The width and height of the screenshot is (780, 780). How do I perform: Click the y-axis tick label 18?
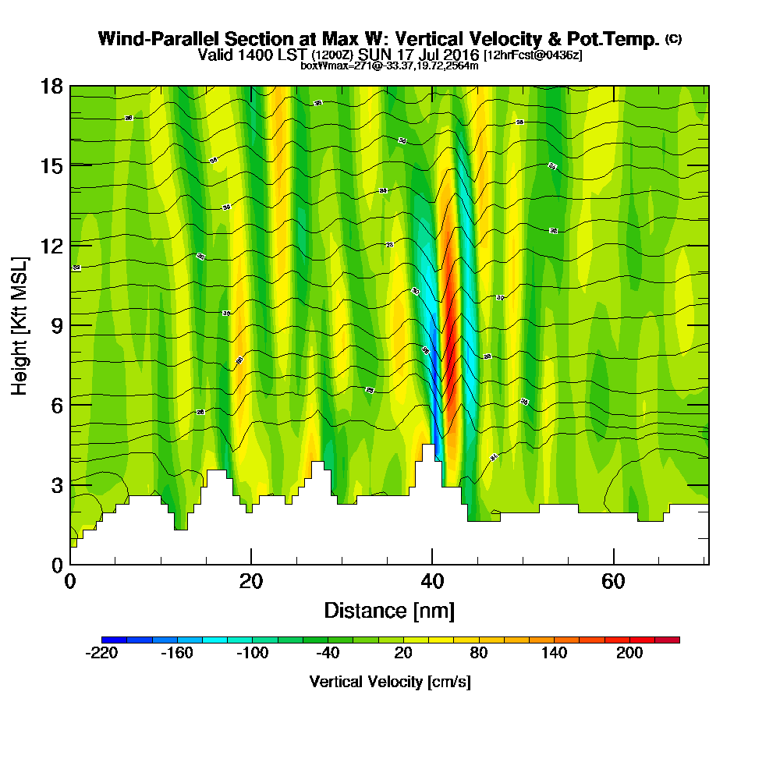[x=51, y=86]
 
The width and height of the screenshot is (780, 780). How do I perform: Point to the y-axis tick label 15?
[x=51, y=165]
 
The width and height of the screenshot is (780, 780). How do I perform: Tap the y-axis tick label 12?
[x=51, y=245]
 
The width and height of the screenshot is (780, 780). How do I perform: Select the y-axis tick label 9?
[x=56, y=325]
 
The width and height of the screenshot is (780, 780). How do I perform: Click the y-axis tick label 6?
[x=56, y=405]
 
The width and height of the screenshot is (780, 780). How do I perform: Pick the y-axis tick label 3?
[x=56, y=484]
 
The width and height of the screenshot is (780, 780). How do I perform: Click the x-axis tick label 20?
[x=251, y=581]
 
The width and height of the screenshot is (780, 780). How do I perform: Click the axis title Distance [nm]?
[x=389, y=610]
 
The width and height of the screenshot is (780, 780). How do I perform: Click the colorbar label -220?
[x=101, y=653]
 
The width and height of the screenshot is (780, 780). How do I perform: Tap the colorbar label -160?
[x=176, y=653]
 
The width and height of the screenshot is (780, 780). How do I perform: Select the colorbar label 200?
[x=629, y=653]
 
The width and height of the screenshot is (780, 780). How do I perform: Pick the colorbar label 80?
[x=478, y=653]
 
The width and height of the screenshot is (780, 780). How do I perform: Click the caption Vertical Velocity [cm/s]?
[x=389, y=682]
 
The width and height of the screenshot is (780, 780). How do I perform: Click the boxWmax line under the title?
[x=389, y=66]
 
